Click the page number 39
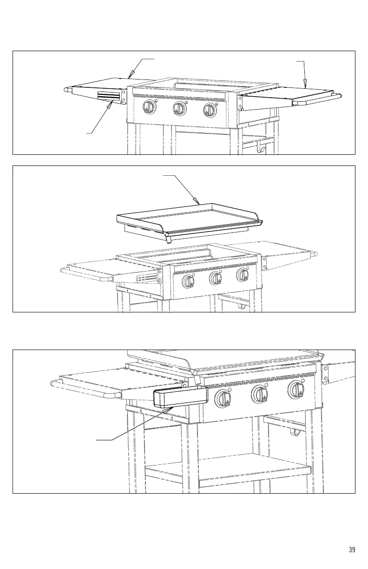[x=352, y=549]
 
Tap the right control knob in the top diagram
[x=210, y=110]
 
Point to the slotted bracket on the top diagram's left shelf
[x=109, y=97]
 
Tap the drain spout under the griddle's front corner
[x=169, y=239]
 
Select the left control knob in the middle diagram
[x=188, y=281]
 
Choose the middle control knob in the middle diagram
[x=215, y=278]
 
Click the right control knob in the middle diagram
[x=242, y=275]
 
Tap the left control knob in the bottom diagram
[x=223, y=399]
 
